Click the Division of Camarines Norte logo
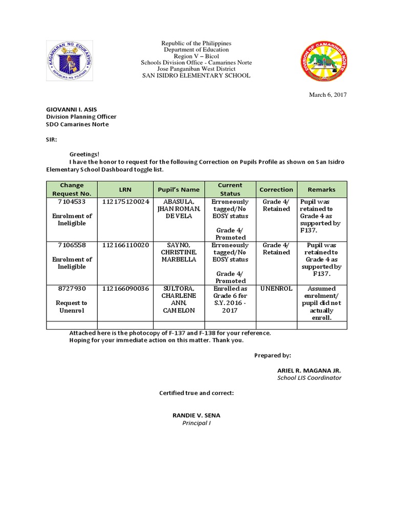(323, 61)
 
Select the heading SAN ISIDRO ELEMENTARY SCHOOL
(196, 76)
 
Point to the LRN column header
(125, 189)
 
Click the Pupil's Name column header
(178, 189)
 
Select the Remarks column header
(321, 189)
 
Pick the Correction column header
(276, 189)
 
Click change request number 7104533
(72, 202)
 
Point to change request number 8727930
(72, 289)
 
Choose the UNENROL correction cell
(276, 289)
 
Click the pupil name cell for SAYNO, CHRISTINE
(178, 252)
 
